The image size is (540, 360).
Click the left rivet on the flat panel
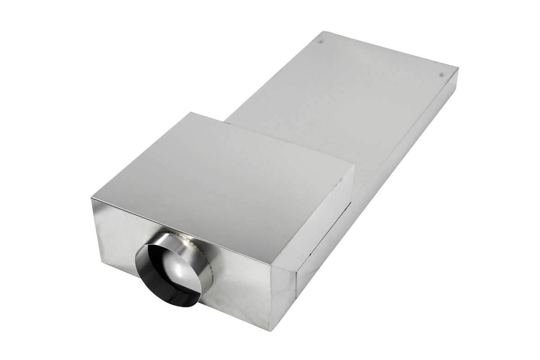click(320, 42)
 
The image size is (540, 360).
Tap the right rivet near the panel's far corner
click(442, 74)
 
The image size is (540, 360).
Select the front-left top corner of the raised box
click(91, 198)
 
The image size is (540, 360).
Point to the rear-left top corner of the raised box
click(190, 112)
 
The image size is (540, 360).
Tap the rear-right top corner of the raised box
click(354, 164)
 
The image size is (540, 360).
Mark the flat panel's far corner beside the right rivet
click(458, 68)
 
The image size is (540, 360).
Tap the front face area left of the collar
click(115, 234)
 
